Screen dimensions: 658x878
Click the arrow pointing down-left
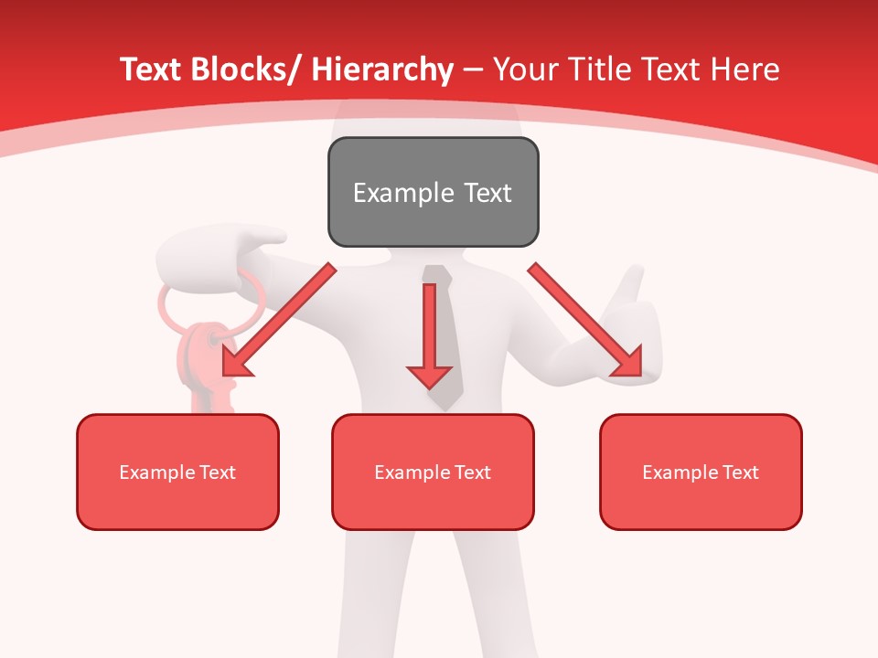(x=279, y=320)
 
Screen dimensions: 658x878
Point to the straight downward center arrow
(x=429, y=338)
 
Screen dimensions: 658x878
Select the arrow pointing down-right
(x=585, y=320)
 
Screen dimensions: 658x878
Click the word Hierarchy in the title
(x=382, y=69)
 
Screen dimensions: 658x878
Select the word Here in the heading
(x=744, y=69)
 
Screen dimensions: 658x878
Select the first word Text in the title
(x=152, y=69)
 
